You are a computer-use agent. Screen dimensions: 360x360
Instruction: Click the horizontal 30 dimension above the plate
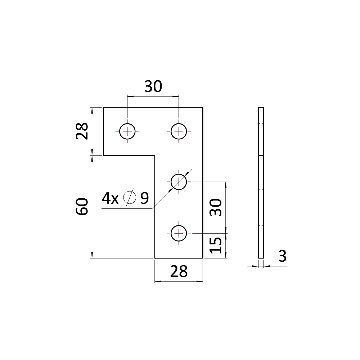click(153, 86)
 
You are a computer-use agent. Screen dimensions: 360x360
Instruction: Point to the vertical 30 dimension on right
click(216, 207)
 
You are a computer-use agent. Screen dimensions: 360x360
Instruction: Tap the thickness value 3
click(282, 256)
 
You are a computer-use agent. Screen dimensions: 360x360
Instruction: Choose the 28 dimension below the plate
click(179, 271)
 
